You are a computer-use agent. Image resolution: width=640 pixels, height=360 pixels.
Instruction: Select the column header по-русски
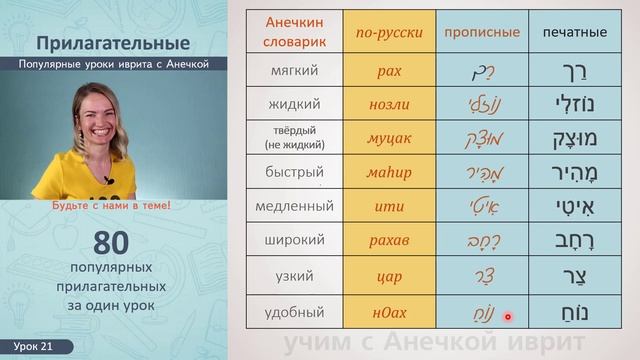[389, 32]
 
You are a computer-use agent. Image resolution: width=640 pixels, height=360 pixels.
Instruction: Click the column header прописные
[482, 32]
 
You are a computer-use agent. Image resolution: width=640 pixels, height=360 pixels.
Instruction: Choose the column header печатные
[574, 32]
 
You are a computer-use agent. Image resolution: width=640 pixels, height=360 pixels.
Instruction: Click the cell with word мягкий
[294, 71]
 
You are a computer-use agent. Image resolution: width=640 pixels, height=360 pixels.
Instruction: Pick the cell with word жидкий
[294, 104]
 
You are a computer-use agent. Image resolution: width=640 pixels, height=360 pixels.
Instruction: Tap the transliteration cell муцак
[389, 138]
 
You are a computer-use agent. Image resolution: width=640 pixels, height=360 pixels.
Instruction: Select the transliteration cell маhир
[389, 172]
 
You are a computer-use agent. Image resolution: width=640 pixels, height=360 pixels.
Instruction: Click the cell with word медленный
[294, 206]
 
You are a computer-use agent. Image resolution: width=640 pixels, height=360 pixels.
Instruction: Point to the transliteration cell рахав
[389, 240]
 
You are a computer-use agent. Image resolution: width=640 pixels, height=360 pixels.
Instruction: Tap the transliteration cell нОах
[389, 311]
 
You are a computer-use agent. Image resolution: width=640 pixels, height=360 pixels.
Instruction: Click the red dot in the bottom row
[508, 317]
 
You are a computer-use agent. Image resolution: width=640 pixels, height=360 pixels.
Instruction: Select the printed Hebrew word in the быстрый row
[574, 172]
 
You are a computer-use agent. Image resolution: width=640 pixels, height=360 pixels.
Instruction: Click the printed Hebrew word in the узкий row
[574, 275]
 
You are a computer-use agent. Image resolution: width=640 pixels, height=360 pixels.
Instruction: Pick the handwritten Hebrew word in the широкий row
[482, 240]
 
